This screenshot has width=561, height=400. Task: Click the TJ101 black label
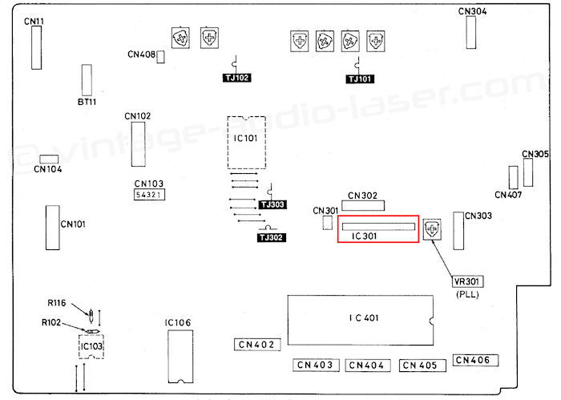[360, 79]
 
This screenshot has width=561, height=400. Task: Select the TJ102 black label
[237, 78]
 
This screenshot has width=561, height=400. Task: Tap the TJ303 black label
[272, 204]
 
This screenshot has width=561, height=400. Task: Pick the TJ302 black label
[272, 237]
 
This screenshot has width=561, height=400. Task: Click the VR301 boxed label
[467, 281]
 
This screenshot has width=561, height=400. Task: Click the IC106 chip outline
[168, 356]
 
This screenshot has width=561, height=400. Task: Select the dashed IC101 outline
[228, 143]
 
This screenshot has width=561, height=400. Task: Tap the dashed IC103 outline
[79, 346]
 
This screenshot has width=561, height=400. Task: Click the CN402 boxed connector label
[257, 344]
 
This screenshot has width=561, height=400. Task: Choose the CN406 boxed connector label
[475, 360]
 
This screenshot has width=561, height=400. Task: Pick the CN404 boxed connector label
[367, 366]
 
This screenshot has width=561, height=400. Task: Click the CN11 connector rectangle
[37, 47]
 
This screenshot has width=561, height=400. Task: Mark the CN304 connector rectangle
[471, 32]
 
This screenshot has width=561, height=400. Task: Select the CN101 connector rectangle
[53, 228]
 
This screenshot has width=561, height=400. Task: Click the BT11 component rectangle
[87, 80]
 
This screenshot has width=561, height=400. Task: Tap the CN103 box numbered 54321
[149, 195]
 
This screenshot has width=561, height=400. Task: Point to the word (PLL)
[467, 294]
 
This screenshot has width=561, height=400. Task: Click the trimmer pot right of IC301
[432, 229]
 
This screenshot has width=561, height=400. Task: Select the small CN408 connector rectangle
[160, 57]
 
